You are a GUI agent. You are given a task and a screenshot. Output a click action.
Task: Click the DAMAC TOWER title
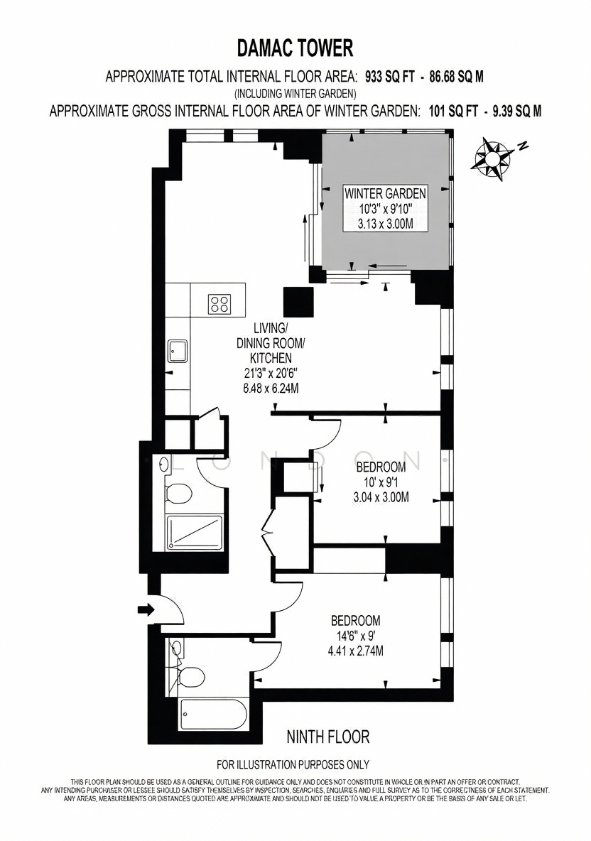coord(295,48)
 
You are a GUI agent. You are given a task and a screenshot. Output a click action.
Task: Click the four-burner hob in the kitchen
coord(220,304)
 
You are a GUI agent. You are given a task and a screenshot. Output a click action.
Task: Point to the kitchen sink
coord(178,352)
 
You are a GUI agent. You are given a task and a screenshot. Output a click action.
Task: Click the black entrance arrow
coord(146,609)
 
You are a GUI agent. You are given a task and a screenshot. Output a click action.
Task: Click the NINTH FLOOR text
coord(328,737)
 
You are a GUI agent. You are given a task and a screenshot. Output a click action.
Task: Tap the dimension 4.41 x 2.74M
coord(356,651)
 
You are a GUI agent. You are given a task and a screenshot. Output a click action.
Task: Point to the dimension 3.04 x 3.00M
coord(381,497)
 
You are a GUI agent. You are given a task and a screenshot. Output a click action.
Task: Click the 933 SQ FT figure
coord(390,77)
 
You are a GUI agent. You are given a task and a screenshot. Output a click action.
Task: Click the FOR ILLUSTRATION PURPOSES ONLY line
coord(293,764)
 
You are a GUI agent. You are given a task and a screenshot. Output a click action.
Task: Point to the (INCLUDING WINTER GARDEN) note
coord(295,94)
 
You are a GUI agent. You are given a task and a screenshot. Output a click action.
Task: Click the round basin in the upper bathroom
coord(163,465)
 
